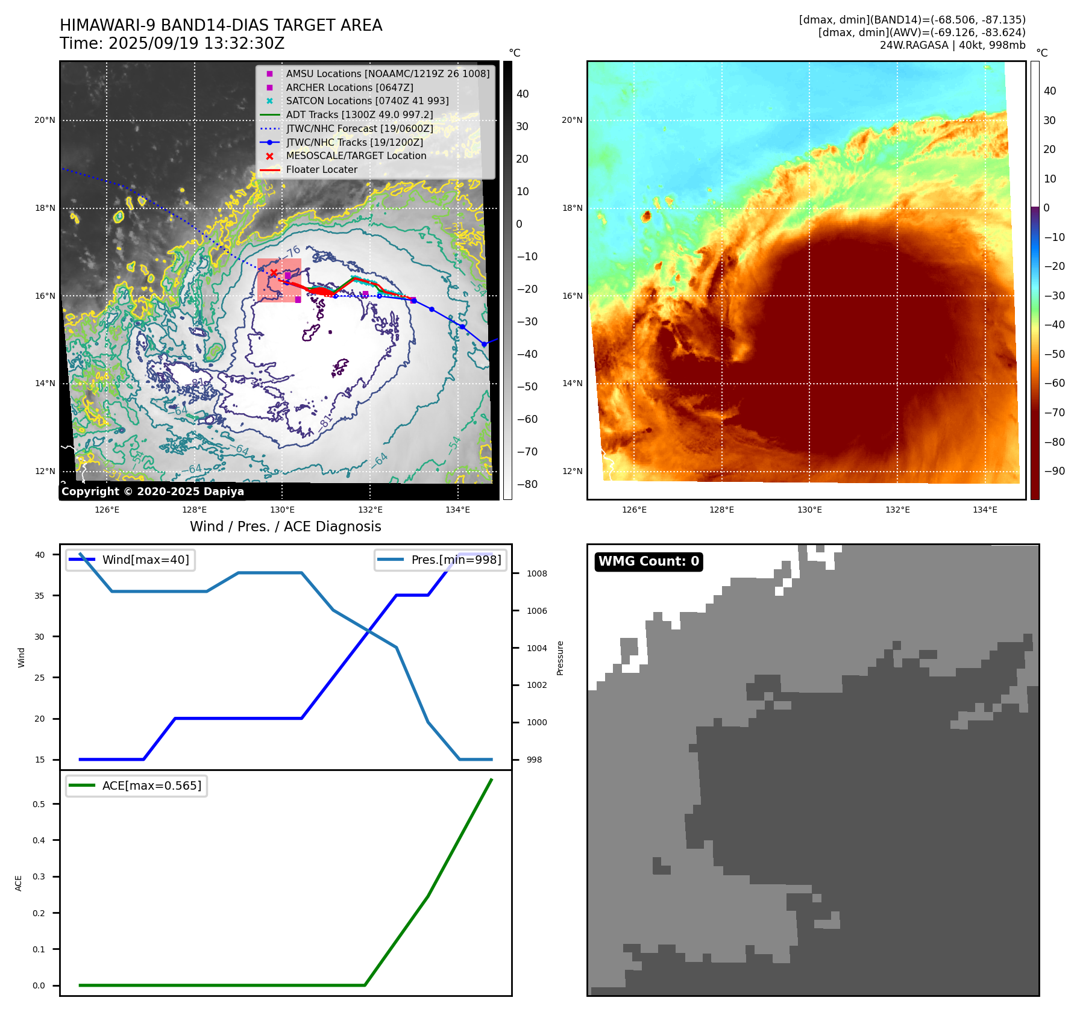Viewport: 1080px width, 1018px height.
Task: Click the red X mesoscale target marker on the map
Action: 274,273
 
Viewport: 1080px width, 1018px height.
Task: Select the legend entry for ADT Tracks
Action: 359,114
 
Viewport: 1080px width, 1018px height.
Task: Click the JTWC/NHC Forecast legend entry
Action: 359,128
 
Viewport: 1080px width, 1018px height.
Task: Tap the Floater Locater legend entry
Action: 321,170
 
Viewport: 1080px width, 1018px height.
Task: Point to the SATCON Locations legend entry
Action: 367,101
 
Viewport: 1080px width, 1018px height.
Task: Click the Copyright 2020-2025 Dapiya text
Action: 152,492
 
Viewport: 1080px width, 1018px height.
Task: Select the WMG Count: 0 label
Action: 648,561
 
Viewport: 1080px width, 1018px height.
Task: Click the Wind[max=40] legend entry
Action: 145,560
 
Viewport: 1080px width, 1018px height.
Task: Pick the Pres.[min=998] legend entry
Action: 456,560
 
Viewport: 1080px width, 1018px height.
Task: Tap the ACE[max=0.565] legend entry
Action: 151,786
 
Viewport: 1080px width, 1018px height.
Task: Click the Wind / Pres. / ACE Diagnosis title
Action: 286,526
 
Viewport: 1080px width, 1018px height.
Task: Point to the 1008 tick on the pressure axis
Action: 536,573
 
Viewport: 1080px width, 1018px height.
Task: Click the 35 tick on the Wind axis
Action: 40,596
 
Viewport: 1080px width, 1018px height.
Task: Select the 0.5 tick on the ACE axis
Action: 39,804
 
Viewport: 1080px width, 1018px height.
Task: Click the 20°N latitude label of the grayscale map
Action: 45,120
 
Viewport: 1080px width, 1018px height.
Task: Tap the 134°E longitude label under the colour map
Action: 985,510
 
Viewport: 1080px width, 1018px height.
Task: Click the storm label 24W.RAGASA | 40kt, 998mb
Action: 952,45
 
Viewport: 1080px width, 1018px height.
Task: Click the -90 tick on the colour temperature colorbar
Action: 1054,471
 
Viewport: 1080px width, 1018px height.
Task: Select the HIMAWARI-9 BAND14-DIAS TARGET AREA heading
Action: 221,25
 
